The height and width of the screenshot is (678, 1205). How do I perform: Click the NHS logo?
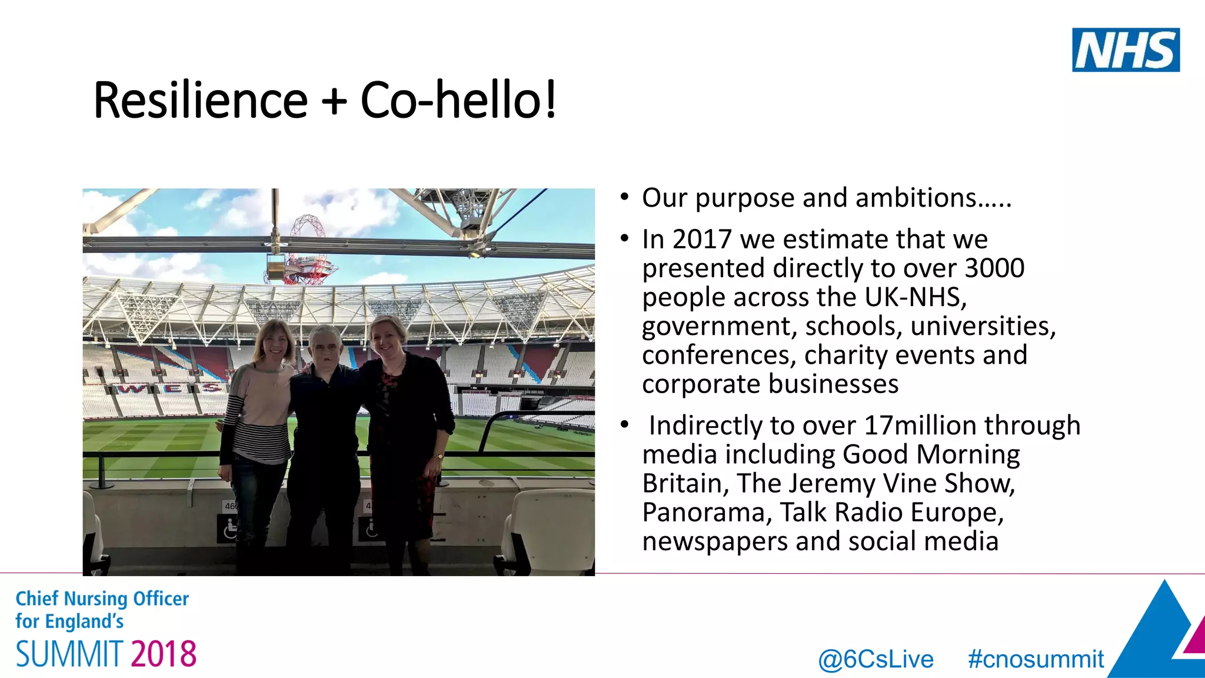click(x=1126, y=50)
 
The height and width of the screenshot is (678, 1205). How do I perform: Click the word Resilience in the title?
click(x=201, y=100)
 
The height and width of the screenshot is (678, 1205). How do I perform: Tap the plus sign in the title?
click(x=334, y=100)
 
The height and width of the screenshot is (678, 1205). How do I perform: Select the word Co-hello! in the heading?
click(x=458, y=100)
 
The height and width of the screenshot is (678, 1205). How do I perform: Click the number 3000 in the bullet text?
click(x=994, y=268)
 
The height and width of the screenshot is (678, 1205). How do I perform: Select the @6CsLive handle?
click(x=876, y=659)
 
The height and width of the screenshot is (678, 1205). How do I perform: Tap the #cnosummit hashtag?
click(x=1036, y=659)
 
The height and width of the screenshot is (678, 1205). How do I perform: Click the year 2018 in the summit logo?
click(x=164, y=654)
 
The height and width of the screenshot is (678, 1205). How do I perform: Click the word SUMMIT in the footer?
click(x=69, y=654)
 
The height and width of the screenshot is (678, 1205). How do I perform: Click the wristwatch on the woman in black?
click(x=438, y=456)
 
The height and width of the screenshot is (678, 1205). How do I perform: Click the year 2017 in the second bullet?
click(x=702, y=240)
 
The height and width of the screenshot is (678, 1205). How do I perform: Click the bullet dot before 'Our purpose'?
click(x=625, y=197)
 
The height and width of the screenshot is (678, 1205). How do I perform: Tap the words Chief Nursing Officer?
click(x=102, y=599)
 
